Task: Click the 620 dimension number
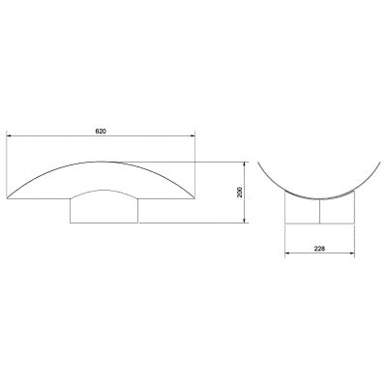(101, 132)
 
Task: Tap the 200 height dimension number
(240, 193)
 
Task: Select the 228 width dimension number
(319, 249)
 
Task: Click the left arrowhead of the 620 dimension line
(10, 135)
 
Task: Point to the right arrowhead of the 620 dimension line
(193, 135)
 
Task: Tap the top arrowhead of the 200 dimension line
(245, 164)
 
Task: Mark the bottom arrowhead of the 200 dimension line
(245, 220)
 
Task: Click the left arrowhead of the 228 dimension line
(287, 253)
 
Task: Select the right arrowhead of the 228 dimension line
(352, 253)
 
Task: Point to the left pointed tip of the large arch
(7, 197)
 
